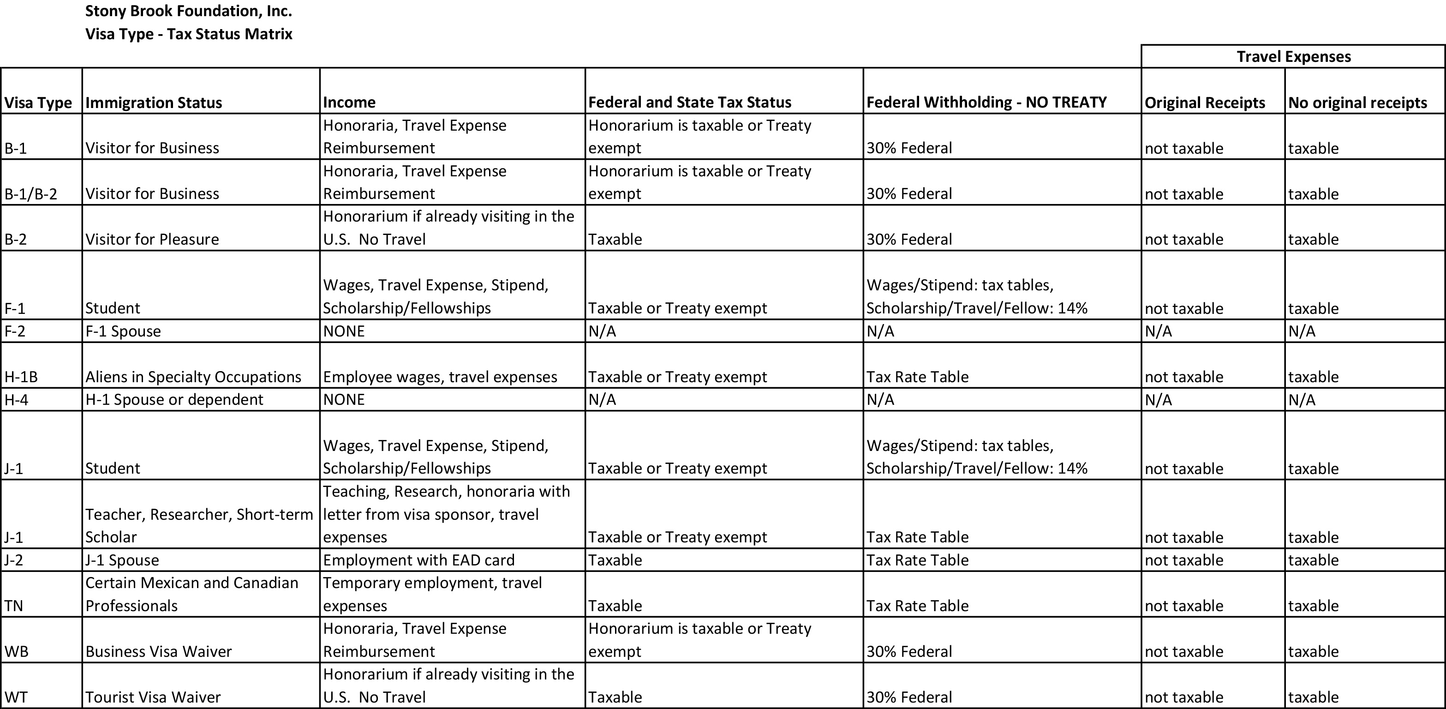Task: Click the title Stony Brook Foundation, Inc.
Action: click(x=189, y=11)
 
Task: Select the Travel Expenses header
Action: click(x=1293, y=57)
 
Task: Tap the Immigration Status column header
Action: click(x=154, y=103)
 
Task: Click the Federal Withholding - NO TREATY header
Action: click(x=986, y=102)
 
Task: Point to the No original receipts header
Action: click(x=1357, y=103)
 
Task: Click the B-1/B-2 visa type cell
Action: click(x=31, y=194)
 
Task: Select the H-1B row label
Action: click(x=21, y=377)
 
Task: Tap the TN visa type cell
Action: click(x=14, y=606)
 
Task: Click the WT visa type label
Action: click(x=16, y=697)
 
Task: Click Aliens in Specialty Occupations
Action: click(x=193, y=377)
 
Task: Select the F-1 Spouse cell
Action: click(x=123, y=331)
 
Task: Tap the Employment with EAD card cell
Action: click(x=419, y=560)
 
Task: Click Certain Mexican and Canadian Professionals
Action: click(x=191, y=594)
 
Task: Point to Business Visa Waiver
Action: click(x=158, y=651)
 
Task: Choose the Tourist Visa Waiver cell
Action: click(x=153, y=697)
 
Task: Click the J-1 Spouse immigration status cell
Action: click(x=122, y=560)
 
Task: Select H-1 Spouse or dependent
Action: click(x=174, y=400)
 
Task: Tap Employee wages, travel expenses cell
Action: click(x=440, y=377)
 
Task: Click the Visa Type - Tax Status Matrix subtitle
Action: click(x=189, y=34)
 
